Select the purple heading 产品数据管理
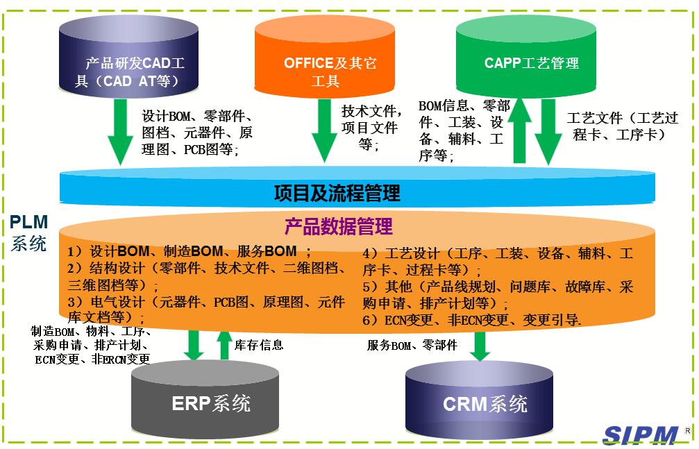(338, 227)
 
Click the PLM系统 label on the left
(28, 233)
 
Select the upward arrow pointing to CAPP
(519, 132)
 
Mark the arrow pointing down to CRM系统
(479, 346)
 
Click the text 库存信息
(259, 345)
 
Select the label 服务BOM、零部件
(412, 345)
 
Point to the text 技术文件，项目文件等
(369, 128)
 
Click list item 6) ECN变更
(472, 321)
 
